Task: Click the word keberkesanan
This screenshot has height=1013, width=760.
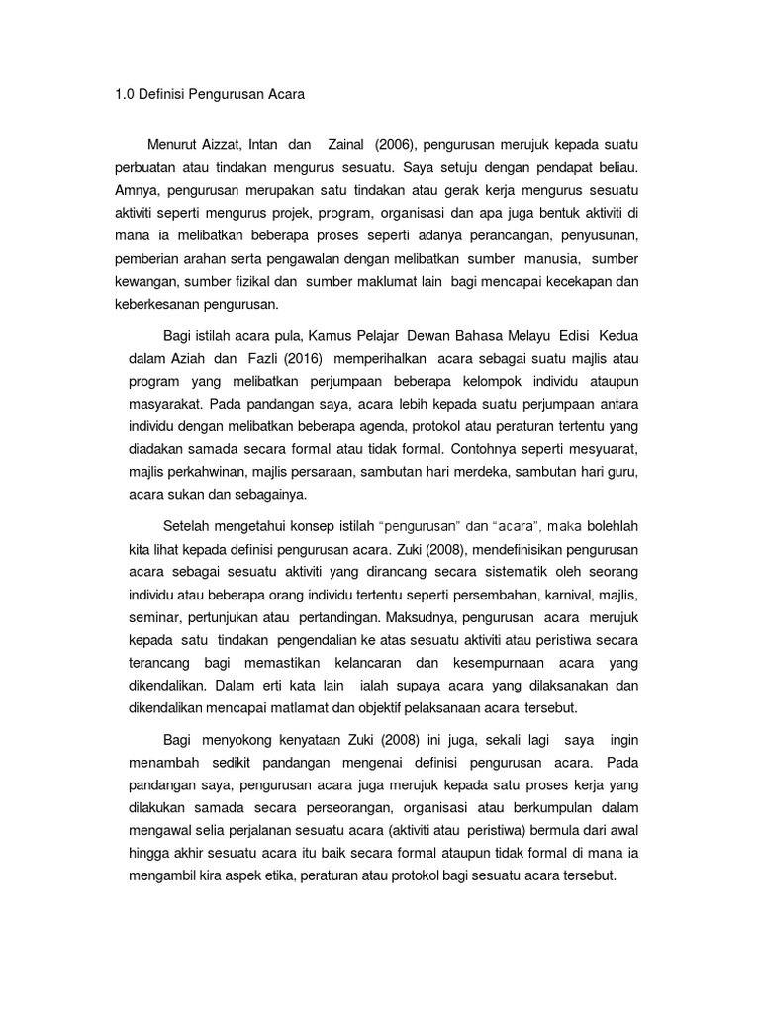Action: click(159, 305)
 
